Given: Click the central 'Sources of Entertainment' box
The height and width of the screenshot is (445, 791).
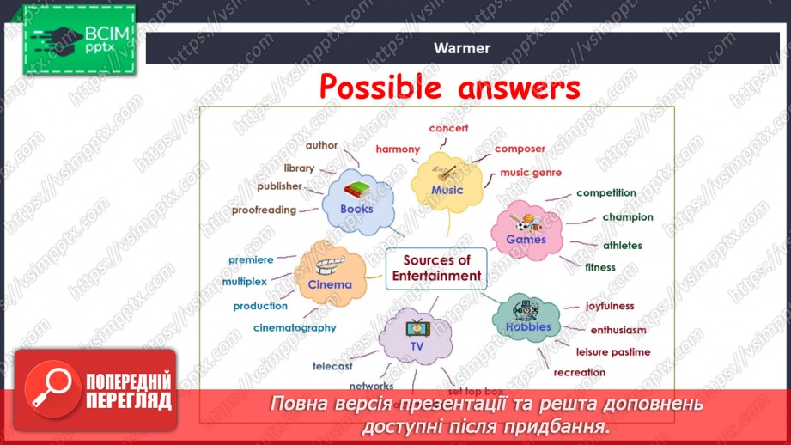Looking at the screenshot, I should (x=436, y=268).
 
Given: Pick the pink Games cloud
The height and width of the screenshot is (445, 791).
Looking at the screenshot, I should (x=526, y=230).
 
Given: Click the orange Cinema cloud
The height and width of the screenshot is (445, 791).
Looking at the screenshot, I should (x=330, y=274).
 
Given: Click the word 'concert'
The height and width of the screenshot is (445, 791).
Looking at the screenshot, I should (x=449, y=128).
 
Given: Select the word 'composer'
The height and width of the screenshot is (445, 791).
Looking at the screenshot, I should (x=520, y=149).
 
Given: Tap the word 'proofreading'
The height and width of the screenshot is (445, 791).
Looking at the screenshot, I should (x=264, y=210).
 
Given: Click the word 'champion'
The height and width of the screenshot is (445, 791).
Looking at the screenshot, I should (x=627, y=217).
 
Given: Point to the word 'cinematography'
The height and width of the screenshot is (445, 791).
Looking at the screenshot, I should (x=295, y=327).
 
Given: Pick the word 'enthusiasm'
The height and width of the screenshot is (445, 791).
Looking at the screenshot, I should (x=618, y=330).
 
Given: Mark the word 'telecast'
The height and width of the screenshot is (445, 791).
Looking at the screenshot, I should (x=332, y=366).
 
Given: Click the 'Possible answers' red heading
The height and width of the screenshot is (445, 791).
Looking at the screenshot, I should (x=449, y=87).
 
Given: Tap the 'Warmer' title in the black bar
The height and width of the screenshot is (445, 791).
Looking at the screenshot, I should (x=462, y=48).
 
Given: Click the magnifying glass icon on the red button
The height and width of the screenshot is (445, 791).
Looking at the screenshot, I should (x=50, y=389).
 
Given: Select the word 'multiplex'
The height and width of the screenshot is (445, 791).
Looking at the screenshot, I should (x=245, y=281).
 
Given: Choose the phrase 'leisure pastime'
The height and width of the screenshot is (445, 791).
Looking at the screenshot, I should (x=612, y=351).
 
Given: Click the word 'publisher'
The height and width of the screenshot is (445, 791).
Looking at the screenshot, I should (x=279, y=186).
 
